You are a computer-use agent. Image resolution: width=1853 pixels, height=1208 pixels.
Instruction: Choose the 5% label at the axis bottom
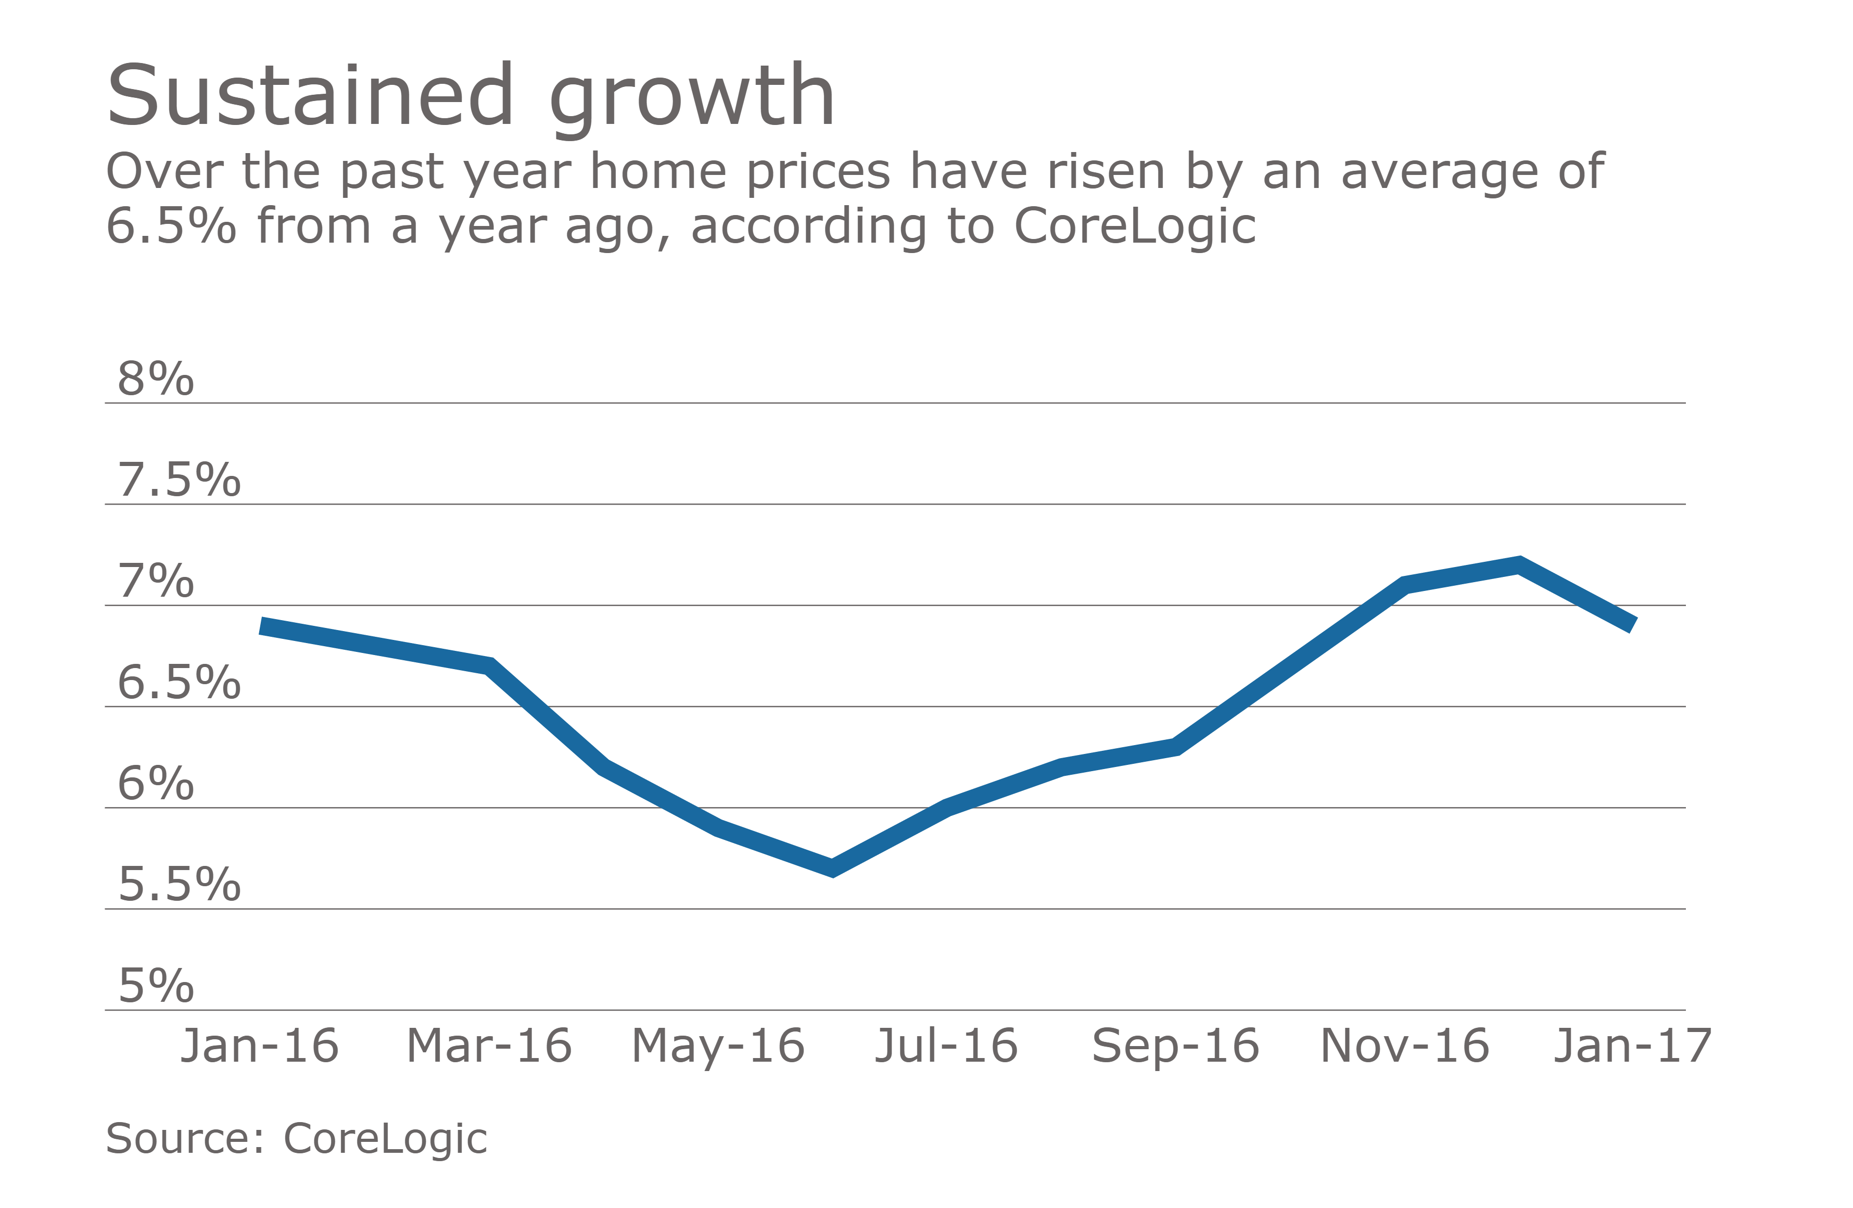coord(156,986)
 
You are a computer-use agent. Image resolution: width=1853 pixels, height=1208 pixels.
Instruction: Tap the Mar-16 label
coord(489,1046)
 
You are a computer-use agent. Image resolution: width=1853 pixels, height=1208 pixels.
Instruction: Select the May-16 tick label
coord(718,1046)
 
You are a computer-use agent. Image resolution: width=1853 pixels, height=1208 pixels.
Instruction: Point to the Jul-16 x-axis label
coord(946,1046)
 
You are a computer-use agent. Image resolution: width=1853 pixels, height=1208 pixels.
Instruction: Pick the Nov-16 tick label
coord(1404,1046)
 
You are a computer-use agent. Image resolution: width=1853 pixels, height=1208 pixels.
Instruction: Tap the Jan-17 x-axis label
coord(1633,1046)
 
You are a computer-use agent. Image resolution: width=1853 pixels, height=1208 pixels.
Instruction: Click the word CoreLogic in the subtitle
coord(1134,227)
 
